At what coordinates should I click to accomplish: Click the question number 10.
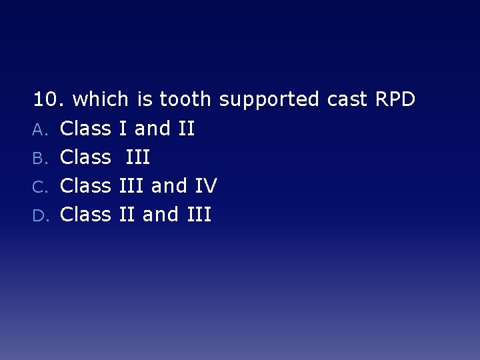coord(48,100)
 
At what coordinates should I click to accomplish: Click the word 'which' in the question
coord(100,100)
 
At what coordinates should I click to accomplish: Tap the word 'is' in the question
coord(144,100)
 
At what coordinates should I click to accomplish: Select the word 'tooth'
coord(185,100)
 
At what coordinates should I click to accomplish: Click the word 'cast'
coord(347,100)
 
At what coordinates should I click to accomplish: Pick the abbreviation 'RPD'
coord(395,100)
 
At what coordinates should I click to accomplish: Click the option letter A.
coord(39,129)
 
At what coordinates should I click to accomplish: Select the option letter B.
coord(39,158)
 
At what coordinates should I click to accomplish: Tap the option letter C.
coord(39,187)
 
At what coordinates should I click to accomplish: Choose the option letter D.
coord(39,215)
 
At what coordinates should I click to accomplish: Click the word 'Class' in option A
coord(85,128)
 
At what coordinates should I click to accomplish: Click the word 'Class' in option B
coord(85,157)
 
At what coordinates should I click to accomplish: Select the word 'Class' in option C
coord(85,185)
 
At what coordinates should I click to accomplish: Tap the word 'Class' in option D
coord(85,214)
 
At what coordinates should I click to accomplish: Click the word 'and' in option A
coord(153,128)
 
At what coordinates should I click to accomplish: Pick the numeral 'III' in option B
coord(137,157)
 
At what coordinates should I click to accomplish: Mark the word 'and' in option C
coord(169,185)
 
